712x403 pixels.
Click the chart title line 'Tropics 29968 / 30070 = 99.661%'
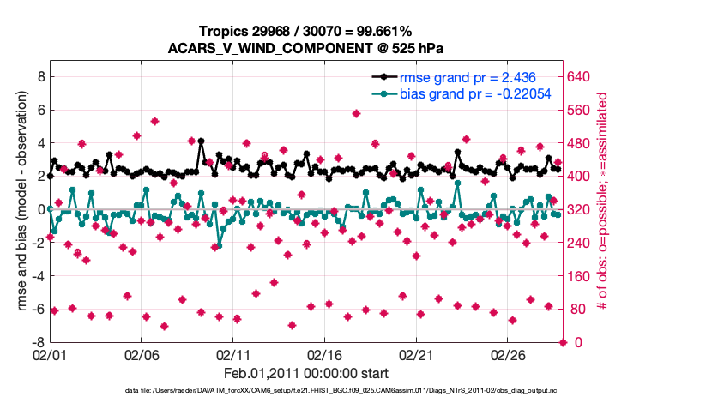coord(305,32)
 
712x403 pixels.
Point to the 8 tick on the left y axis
coord(39,76)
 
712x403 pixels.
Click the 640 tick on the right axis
coord(581,76)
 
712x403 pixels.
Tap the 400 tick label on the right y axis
coord(581,176)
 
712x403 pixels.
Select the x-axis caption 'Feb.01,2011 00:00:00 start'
coord(305,373)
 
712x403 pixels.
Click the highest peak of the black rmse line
coord(201,141)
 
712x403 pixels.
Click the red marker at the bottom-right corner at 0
coord(563,342)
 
